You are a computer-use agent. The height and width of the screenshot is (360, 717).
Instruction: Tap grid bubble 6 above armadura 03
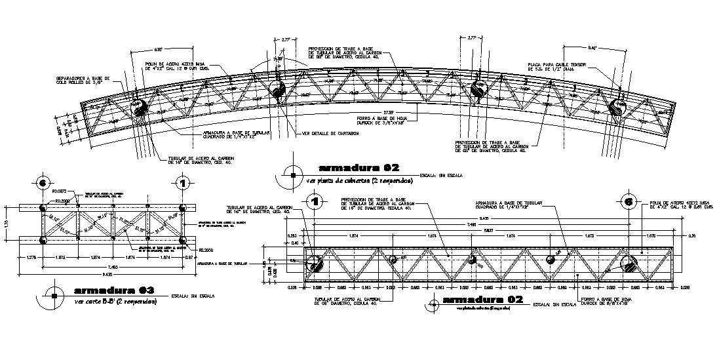coord(43,182)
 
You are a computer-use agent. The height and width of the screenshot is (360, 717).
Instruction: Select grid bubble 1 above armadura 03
coord(184,182)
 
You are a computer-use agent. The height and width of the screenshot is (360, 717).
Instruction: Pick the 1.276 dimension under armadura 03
coord(29,258)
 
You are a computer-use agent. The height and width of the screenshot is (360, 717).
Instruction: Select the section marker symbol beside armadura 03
coord(54,295)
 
